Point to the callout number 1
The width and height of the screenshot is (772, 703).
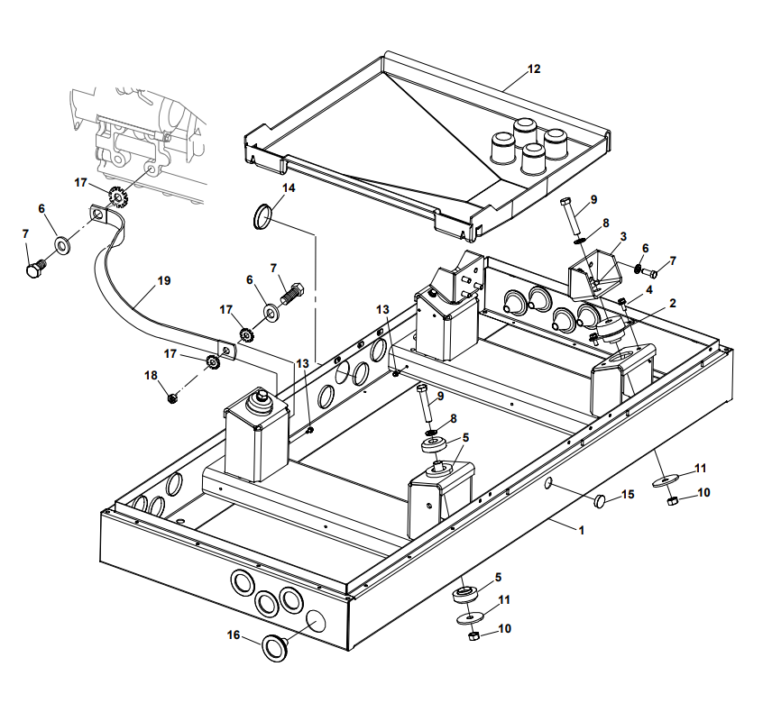tap(581, 530)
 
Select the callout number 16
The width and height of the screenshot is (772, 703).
tap(234, 635)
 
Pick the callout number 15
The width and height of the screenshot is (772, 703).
tap(629, 495)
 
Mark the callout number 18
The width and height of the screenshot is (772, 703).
tap(151, 375)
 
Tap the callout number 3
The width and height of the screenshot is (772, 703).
tap(621, 236)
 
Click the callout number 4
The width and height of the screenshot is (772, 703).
tap(648, 289)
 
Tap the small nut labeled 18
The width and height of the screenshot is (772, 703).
tap(171, 397)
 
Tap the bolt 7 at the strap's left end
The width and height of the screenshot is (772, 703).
tap(35, 268)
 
